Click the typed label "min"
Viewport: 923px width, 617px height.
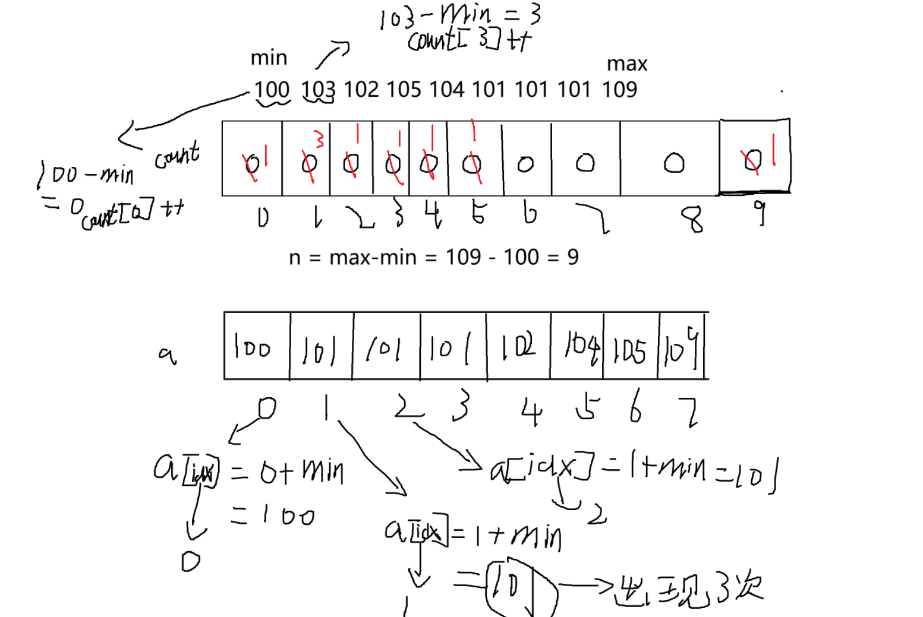click(x=269, y=58)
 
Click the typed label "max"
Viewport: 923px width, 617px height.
click(x=627, y=64)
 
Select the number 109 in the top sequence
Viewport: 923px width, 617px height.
click(x=619, y=90)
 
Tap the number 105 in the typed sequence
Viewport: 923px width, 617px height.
click(x=404, y=90)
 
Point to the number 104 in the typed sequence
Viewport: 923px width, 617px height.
click(x=446, y=90)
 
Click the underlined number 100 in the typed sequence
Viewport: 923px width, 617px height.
click(x=272, y=90)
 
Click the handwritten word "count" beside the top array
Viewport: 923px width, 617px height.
click(x=177, y=156)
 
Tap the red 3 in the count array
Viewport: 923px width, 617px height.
click(x=320, y=140)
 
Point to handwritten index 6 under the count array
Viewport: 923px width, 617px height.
click(x=530, y=213)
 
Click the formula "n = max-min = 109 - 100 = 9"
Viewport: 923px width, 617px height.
click(x=433, y=257)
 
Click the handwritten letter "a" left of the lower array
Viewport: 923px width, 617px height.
click(x=167, y=355)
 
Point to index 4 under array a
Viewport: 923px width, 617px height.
click(x=531, y=412)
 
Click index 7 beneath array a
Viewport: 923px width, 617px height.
click(x=689, y=412)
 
